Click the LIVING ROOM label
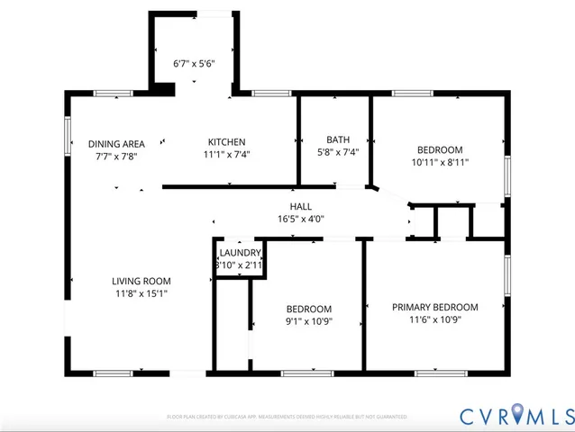point(141,281)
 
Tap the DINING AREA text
point(117,144)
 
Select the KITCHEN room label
point(226,142)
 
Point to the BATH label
point(338,139)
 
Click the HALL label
point(301,207)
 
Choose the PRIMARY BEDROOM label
point(435,307)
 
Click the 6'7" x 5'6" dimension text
point(194,65)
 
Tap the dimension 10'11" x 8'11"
point(440,162)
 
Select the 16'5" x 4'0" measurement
point(301,219)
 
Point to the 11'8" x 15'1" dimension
point(141,292)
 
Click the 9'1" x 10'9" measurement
point(309,321)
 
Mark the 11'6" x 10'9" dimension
point(435,319)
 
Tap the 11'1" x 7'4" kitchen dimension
point(226,154)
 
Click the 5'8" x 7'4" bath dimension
point(338,152)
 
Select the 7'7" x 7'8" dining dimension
point(117,156)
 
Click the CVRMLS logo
point(516,415)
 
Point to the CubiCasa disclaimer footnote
point(287,418)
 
